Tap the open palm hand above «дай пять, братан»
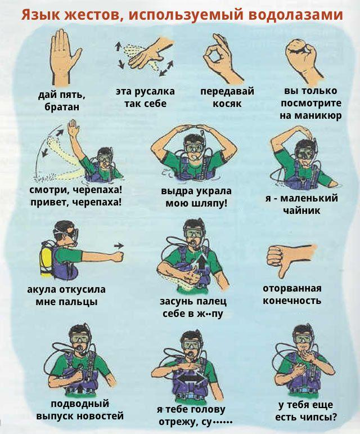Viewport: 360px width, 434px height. [x=64, y=57]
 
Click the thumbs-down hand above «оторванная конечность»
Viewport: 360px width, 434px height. [x=290, y=259]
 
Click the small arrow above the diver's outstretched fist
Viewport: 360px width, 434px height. [x=119, y=245]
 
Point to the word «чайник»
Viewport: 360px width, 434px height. [x=301, y=210]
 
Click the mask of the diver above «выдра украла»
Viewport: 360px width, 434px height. [x=193, y=147]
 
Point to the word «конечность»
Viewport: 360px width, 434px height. [x=292, y=301]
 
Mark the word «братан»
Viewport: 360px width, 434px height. [x=62, y=107]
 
